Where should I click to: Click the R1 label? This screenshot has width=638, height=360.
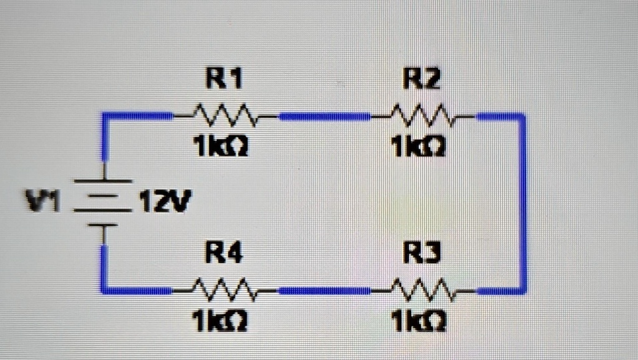pyautogui.click(x=224, y=79)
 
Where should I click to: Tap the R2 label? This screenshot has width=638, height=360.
pyautogui.click(x=422, y=79)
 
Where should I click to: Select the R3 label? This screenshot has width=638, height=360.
pyautogui.click(x=422, y=254)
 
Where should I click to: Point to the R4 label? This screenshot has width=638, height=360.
pyautogui.click(x=224, y=254)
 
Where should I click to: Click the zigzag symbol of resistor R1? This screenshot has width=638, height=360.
pyautogui.click(x=224, y=115)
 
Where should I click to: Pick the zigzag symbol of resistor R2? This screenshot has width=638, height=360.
pyautogui.click(x=422, y=115)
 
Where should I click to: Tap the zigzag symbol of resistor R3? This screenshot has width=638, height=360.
pyautogui.click(x=422, y=289)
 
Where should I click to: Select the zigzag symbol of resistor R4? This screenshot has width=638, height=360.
pyautogui.click(x=224, y=289)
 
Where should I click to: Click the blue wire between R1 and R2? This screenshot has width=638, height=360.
pyautogui.click(x=324, y=116)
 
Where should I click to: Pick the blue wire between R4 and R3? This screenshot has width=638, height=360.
pyautogui.click(x=324, y=290)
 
